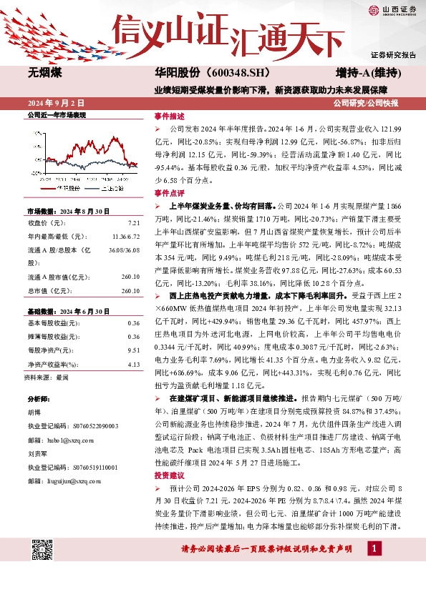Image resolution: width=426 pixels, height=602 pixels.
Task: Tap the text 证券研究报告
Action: [x=393, y=54]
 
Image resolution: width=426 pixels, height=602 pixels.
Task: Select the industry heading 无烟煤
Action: [x=44, y=73]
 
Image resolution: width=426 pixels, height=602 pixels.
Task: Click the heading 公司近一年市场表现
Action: [x=56, y=114]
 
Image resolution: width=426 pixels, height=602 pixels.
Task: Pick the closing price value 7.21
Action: [x=133, y=222]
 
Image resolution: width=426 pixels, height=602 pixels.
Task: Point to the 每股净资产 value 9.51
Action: [x=133, y=350]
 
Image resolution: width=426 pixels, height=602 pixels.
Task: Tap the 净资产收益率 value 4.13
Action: [x=133, y=365]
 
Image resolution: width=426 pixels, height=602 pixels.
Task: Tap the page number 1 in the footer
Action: [x=373, y=548]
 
